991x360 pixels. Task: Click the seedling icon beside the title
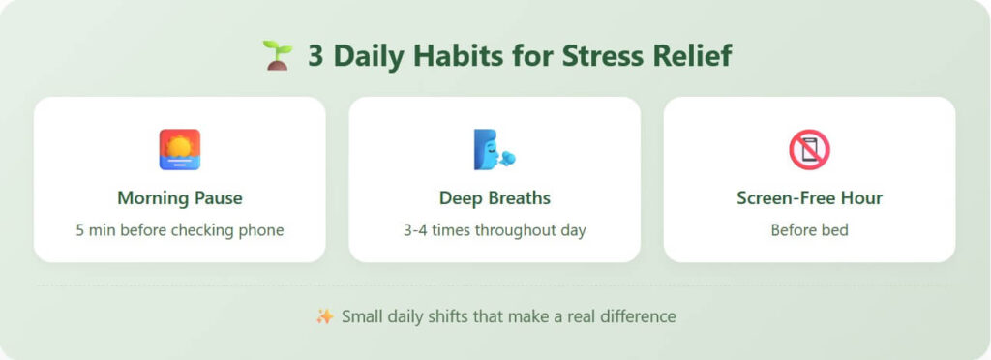click(277, 55)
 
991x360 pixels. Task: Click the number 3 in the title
click(315, 56)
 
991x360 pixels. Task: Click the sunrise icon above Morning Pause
click(179, 150)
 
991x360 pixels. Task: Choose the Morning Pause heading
click(179, 198)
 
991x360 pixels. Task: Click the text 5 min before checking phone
click(179, 230)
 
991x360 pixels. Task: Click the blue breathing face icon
click(494, 150)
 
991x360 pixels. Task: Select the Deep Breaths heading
click(495, 198)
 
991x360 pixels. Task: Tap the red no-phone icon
click(809, 150)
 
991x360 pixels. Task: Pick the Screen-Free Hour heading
click(809, 198)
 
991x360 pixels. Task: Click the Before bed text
click(809, 230)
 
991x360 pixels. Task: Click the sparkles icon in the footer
click(324, 316)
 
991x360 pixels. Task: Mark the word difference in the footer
click(639, 316)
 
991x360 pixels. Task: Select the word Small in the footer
click(362, 316)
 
